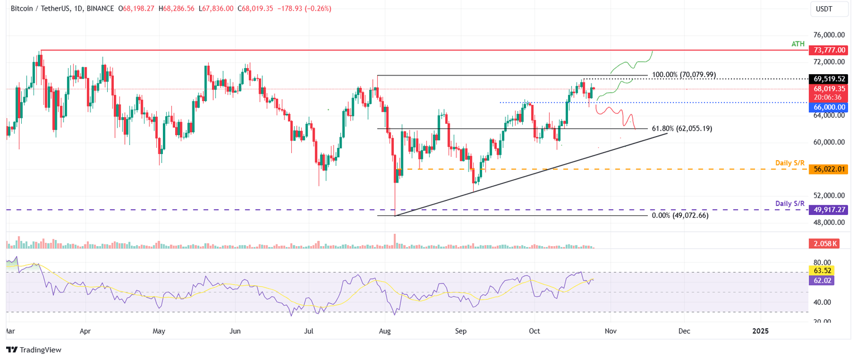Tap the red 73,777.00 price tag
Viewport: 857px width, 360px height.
[x=827, y=50]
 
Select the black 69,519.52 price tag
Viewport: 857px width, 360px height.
[x=827, y=79]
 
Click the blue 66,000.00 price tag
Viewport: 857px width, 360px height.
[x=827, y=107]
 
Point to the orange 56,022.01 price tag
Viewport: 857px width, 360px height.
[x=827, y=169]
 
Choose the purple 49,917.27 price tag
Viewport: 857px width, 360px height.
[x=827, y=210]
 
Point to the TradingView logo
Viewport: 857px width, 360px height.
[x=33, y=350]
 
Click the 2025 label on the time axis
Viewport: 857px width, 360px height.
[x=760, y=331]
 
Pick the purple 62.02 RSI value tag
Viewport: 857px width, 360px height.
[x=821, y=281]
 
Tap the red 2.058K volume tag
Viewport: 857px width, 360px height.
[x=823, y=244]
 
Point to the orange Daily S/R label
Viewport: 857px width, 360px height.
[x=790, y=163]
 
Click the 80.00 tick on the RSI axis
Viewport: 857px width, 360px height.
[x=817, y=262]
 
